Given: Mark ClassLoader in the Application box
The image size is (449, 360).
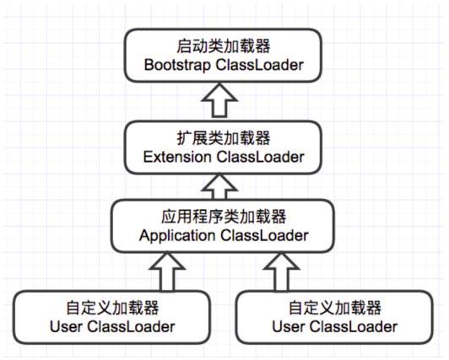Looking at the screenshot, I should [263, 235].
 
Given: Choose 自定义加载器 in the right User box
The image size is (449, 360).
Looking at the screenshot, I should [335, 307].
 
